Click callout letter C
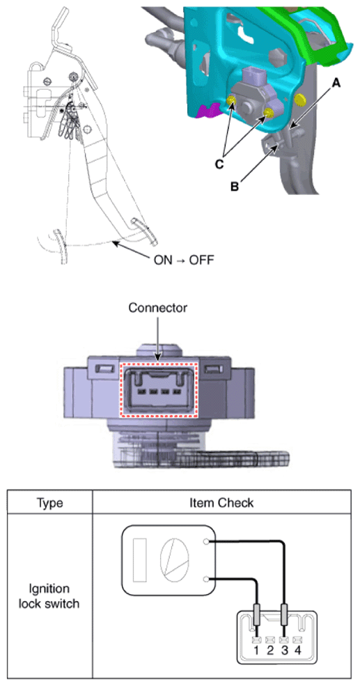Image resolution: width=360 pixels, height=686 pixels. point(219,164)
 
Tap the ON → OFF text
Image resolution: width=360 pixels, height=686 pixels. point(183,260)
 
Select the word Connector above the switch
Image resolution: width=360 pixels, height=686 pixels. point(158,308)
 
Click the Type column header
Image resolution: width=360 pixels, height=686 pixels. point(50,503)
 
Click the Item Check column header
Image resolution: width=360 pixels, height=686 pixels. point(221,503)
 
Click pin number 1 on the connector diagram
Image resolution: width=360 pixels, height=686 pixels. point(256,650)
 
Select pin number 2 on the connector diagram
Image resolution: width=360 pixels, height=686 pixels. point(270,650)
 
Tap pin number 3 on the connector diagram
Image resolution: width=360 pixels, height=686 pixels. point(284,650)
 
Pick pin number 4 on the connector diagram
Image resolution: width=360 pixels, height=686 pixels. point(298,650)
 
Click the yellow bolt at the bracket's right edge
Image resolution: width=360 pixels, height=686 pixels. point(299,100)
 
